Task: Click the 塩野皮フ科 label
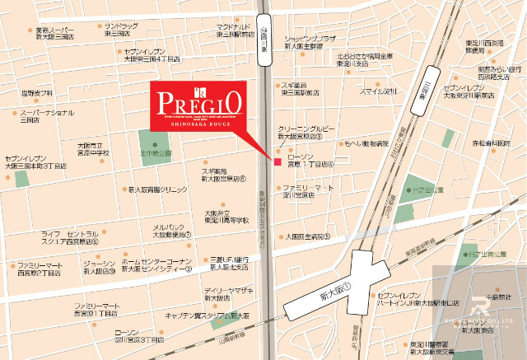coord(37,93)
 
